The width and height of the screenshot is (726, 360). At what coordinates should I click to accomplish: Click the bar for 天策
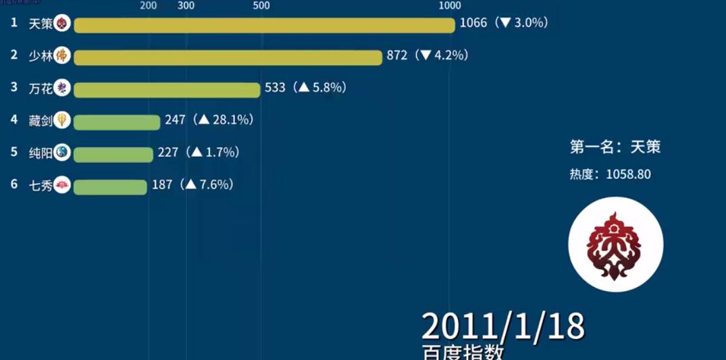coord(264,25)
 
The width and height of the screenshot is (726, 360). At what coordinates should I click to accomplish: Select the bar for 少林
coord(228,57)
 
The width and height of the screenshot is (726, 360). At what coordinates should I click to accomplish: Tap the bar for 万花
coord(167,90)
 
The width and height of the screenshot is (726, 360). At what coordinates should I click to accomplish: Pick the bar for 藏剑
coord(116,122)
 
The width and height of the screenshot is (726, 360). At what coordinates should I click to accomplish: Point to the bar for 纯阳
coord(113,154)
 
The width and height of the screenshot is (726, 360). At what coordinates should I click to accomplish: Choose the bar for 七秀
coord(109,186)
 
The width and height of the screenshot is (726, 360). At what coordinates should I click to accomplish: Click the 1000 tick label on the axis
coord(450,6)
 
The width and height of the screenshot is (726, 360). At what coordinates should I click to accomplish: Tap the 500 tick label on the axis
coord(261,6)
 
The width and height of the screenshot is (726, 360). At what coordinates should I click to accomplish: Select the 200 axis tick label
coord(149,6)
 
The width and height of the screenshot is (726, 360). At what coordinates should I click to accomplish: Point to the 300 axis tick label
coord(186,6)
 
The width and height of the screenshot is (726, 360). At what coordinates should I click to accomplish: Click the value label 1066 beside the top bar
coord(473,23)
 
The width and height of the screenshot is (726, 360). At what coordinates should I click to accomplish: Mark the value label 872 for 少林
coord(397,55)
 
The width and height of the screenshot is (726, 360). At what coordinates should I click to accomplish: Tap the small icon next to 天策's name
coord(62,24)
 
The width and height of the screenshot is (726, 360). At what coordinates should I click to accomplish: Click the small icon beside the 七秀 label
coord(62,185)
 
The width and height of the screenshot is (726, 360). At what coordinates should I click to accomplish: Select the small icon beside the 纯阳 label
coord(62,153)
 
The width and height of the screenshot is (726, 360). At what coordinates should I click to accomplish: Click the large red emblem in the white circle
coord(615,245)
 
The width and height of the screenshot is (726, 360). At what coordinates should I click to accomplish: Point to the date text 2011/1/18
coord(502,327)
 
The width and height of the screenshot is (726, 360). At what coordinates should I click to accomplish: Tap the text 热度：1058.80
coord(610,174)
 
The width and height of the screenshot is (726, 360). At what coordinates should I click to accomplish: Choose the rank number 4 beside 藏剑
coord(14,120)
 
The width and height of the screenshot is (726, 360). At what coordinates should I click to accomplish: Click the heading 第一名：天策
coord(615,147)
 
